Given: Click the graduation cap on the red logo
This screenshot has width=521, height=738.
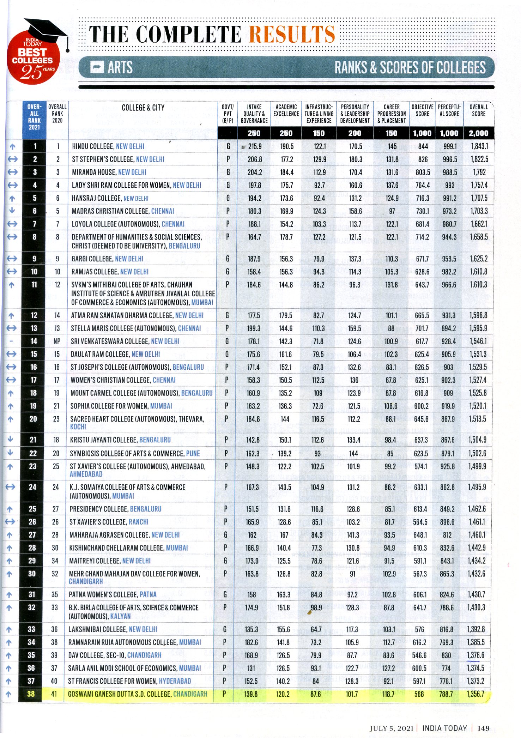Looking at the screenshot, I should pyautogui.click(x=46, y=30).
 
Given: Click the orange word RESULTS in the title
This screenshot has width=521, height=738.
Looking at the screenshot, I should pyautogui.click(x=292, y=34).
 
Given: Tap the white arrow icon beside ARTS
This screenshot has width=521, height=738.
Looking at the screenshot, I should pyautogui.click(x=97, y=67).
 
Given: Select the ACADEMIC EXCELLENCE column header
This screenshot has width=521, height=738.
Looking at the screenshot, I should pyautogui.click(x=286, y=110).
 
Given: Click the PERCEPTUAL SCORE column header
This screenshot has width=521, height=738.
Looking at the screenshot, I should pyautogui.click(x=449, y=110).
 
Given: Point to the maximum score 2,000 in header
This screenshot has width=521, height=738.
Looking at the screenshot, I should pyautogui.click(x=478, y=133).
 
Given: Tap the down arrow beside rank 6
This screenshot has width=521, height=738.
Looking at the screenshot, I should pyautogui.click(x=12, y=211).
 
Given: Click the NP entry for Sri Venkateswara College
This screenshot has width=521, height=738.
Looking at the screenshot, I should pyautogui.click(x=57, y=341).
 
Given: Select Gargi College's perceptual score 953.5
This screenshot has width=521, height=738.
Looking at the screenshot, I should pyautogui.click(x=449, y=259).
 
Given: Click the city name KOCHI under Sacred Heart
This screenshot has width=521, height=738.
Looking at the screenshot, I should pyautogui.click(x=78, y=427).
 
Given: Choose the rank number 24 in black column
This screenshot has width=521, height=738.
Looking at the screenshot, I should pyautogui.click(x=32, y=487).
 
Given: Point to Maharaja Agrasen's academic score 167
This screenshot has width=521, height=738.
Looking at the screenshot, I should pyautogui.click(x=284, y=535).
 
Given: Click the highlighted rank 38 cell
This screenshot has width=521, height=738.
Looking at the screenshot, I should pyautogui.click(x=31, y=694).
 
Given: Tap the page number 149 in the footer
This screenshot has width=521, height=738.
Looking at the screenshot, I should pyautogui.click(x=483, y=728).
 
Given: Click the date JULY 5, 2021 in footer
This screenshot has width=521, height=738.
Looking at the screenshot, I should pyautogui.click(x=391, y=728).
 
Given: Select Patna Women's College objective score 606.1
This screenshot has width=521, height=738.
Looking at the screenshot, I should pyautogui.click(x=420, y=594).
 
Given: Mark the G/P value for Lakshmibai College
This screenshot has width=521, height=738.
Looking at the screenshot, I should pyautogui.click(x=225, y=629).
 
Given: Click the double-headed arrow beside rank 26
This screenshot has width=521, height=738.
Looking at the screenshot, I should pyautogui.click(x=10, y=521).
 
